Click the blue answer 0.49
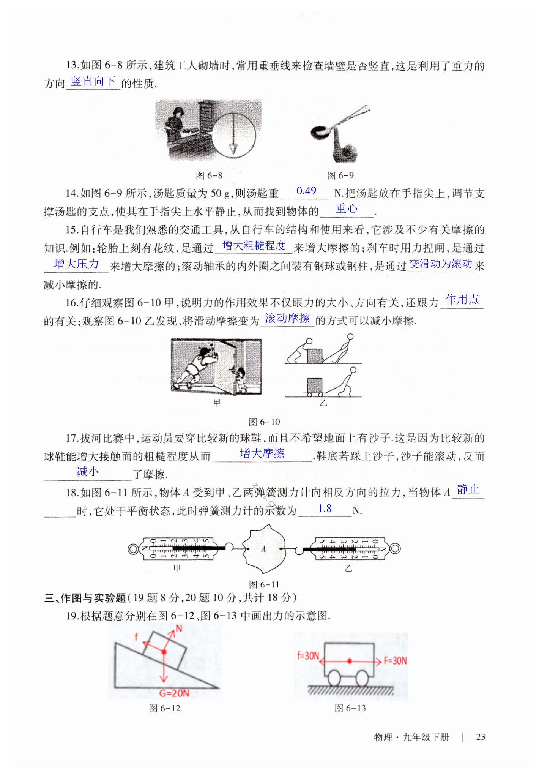[x=306, y=191]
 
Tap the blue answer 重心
[x=347, y=208]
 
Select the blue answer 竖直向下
[x=93, y=81]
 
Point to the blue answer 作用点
[x=462, y=300]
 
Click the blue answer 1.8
[x=325, y=509]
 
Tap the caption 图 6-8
[x=209, y=175]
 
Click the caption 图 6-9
[x=340, y=175]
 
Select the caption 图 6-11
[x=264, y=584]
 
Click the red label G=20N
[x=174, y=693]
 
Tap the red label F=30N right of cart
[x=395, y=660]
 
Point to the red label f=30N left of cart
[x=308, y=655]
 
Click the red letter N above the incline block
[x=179, y=629]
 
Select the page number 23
[x=481, y=737]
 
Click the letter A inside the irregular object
[x=263, y=549]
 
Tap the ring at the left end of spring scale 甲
[x=133, y=549]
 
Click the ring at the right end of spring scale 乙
[x=395, y=549]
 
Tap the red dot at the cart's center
[x=350, y=661]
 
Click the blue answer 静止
[x=468, y=490]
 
